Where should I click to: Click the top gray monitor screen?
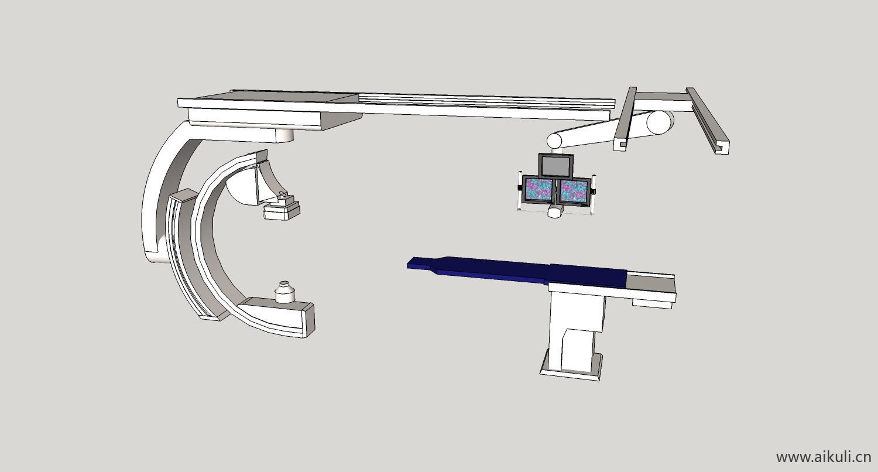pos(556,165)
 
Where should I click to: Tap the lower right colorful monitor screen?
pos(574,191)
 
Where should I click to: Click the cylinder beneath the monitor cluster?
pos(555,212)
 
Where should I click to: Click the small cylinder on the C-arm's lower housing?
pos(285,292)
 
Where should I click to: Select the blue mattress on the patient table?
pos(517,271)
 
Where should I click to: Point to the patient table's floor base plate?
pos(571,367)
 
